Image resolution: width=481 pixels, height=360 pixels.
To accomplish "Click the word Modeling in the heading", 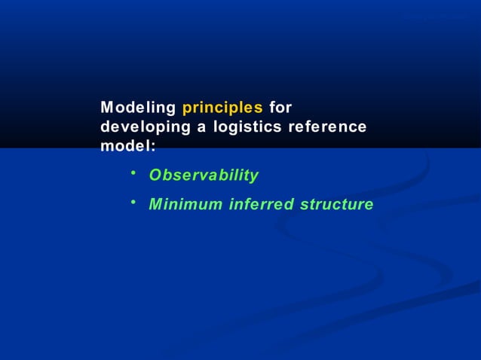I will pos(138,108).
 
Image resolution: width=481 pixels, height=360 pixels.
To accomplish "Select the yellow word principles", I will pos(222,108).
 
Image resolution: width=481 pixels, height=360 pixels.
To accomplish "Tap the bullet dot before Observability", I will pos(132,174).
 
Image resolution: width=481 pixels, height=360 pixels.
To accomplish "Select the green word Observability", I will pos(204,175).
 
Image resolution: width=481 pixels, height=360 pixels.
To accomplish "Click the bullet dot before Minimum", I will pos(132,202).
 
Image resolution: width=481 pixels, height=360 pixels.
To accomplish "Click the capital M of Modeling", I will pos(107,108).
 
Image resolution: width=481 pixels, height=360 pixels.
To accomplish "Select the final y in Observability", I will pos(254,177).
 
